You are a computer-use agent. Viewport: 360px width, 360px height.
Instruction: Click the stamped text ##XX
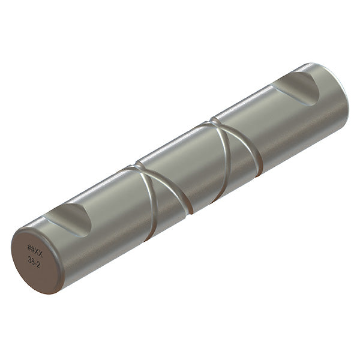pos(35,247)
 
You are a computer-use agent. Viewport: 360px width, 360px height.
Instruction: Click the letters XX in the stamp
pos(39,248)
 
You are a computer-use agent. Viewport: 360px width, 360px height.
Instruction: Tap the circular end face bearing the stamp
pos(36,258)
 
